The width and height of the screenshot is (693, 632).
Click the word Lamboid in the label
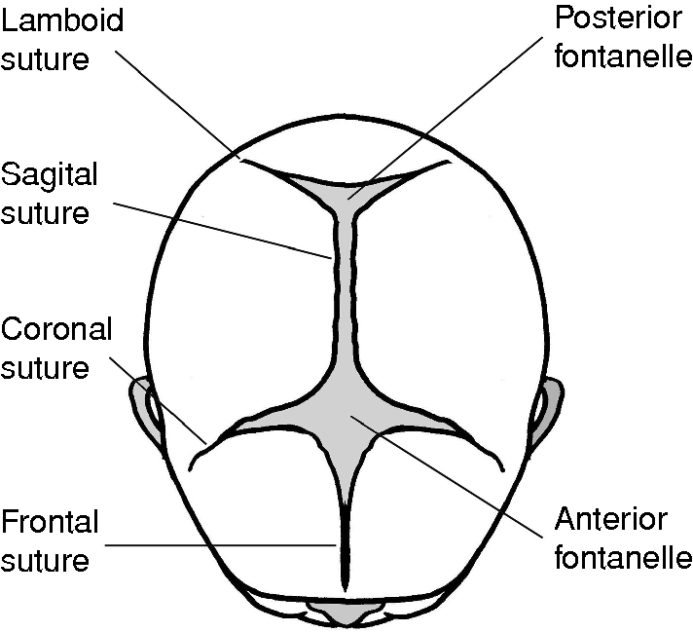pos(62,22)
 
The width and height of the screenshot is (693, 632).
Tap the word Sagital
pos(50,175)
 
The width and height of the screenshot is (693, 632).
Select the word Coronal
pos(56,329)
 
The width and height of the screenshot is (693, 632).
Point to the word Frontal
pos(51,522)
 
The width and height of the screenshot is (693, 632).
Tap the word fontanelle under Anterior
pos(622,557)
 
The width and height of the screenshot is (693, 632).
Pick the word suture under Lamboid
pos(46,59)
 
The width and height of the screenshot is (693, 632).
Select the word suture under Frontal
pos(46,561)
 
